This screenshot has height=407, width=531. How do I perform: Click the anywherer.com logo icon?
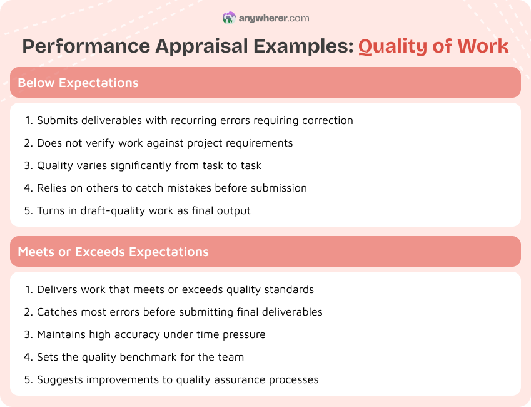229,18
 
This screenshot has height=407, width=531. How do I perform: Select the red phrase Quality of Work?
433,46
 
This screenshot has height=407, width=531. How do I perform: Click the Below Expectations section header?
78,83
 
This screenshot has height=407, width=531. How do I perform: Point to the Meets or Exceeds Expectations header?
113,252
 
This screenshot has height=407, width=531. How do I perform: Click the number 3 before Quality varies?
28,165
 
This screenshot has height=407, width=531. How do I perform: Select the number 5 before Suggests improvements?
28,379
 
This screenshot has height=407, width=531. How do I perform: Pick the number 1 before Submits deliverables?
28,120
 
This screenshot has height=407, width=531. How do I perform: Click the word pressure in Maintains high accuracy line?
244,334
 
